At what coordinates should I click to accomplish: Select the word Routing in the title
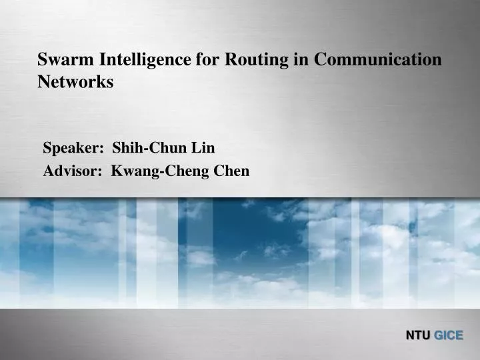pyautogui.click(x=256, y=60)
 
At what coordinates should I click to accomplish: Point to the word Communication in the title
pyautogui.click(x=377, y=60)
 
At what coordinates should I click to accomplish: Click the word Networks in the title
pyautogui.click(x=75, y=82)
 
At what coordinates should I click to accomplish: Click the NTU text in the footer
pyautogui.click(x=419, y=335)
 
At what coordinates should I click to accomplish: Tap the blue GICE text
pyautogui.click(x=449, y=335)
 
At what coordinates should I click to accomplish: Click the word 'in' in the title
pyautogui.click(x=300, y=60)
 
